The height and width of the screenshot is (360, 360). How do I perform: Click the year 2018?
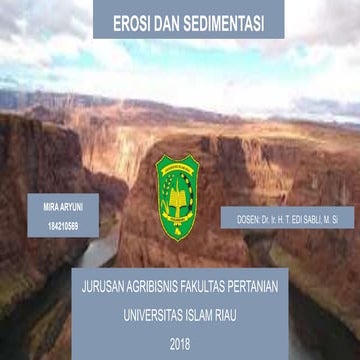(x=179, y=345)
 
